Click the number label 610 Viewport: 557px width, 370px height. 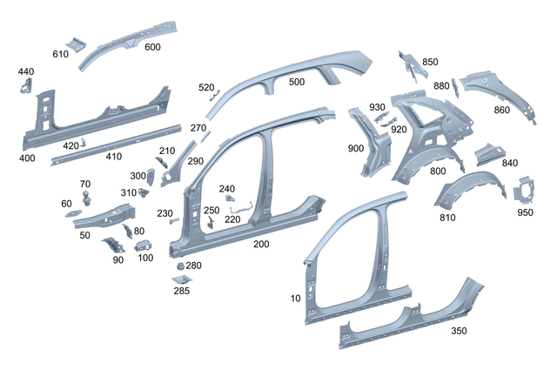[x=60, y=54]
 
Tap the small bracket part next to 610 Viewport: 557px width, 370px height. [x=76, y=44]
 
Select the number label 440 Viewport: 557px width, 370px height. [x=26, y=71]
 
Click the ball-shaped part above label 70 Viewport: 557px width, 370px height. [x=86, y=198]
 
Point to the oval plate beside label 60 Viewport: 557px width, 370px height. [x=73, y=213]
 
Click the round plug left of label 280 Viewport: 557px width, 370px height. [x=180, y=266]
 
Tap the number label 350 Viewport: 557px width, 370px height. [x=459, y=331]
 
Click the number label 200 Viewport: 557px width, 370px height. [x=261, y=244]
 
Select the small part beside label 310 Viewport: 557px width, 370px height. [x=143, y=192]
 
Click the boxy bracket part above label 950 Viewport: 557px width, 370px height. [x=524, y=191]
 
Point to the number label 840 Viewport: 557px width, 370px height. [x=510, y=163]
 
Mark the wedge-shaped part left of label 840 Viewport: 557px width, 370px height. [x=489, y=154]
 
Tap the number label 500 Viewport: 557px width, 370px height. [x=297, y=82]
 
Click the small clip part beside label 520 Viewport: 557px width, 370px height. [x=215, y=96]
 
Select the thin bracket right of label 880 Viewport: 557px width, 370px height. [x=455, y=87]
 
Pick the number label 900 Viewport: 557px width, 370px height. [x=356, y=149]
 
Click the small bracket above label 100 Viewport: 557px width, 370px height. [x=144, y=246]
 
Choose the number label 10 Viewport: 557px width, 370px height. [x=296, y=299]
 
